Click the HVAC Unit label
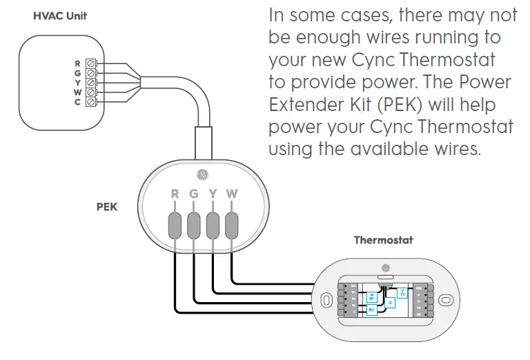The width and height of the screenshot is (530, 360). coord(60,15)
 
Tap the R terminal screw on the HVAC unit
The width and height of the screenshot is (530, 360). coord(91,63)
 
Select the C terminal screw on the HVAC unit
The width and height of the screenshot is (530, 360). coord(91,102)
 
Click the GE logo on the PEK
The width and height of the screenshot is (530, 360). coord(202,172)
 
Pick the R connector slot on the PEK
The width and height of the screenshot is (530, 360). coord(175,224)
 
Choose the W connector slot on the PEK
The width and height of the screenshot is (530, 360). coord(232,224)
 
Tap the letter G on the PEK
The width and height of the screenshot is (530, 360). coord(194,194)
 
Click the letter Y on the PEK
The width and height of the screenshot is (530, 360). coord(213,194)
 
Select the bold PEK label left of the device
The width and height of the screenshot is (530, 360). coord(107,206)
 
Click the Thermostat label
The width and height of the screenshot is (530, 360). coord(384,240)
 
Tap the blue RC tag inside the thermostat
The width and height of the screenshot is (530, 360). coord(371,310)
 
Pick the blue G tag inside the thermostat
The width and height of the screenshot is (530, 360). coord(390,302)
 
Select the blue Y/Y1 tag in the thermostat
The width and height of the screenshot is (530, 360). coord(403,293)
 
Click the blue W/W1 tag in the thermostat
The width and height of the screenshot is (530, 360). coord(371,297)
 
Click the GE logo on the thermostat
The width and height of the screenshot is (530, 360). coord(385,266)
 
